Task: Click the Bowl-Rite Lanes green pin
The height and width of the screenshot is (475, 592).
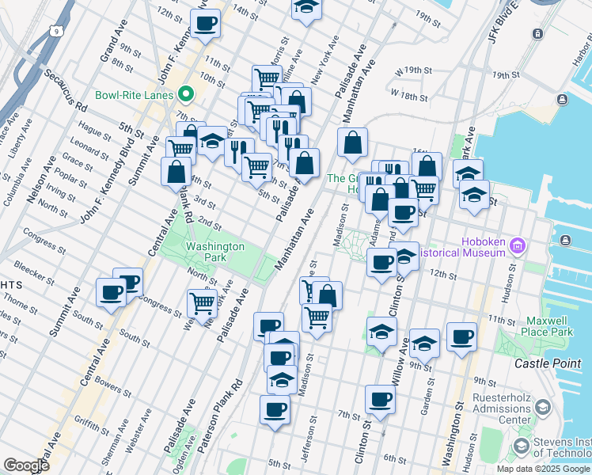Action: click(187, 95)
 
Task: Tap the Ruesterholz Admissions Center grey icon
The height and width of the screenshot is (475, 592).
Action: click(543, 408)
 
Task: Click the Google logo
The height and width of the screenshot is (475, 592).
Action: click(25, 465)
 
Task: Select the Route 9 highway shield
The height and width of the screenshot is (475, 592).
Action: click(55, 32)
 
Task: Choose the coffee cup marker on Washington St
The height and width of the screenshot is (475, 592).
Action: click(461, 336)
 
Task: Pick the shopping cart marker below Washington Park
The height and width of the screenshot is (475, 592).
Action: click(202, 302)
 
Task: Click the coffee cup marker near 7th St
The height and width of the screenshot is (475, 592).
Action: click(380, 399)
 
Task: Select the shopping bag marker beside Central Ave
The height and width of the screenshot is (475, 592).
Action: click(176, 171)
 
